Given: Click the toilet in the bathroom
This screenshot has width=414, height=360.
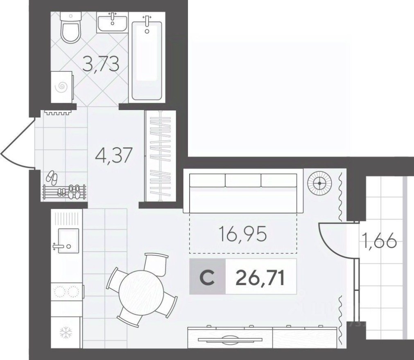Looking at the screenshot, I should (70, 28).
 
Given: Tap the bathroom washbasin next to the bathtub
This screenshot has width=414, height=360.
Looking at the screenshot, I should (113, 22).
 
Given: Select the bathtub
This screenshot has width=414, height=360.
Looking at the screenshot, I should (147, 57).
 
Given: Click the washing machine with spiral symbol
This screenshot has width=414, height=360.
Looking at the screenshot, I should (62, 86).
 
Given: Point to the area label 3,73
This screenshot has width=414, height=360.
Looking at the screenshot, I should (101, 64).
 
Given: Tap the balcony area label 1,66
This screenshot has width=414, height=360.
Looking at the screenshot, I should (378, 241).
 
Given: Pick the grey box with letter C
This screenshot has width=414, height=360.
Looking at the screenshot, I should (207, 277).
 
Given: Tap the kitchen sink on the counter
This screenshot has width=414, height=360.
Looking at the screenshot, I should (68, 241).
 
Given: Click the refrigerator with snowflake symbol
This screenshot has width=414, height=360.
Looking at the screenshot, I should (66, 332).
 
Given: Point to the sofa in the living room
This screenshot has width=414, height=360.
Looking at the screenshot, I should (243, 192).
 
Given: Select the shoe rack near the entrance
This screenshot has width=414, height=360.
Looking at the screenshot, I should (64, 192).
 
